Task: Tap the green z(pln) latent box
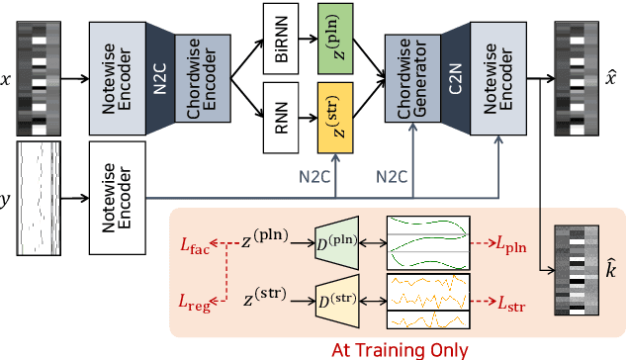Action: click(x=335, y=37)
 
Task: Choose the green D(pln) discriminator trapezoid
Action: click(x=336, y=239)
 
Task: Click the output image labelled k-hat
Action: click(x=575, y=268)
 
